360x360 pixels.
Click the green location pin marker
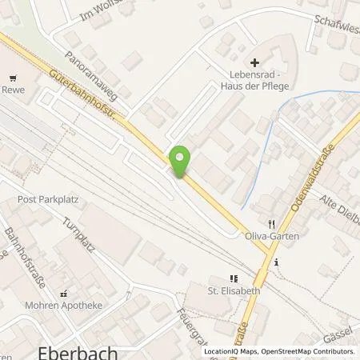tap(180, 162)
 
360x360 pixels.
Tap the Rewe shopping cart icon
tap(14, 78)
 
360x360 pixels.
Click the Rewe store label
tap(14, 90)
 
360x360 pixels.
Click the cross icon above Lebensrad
tap(255, 62)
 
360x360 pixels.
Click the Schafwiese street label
tap(336, 22)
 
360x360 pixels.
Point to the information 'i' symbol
tap(274, 262)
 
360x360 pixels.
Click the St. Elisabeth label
tap(234, 291)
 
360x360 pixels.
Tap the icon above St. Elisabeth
tap(233, 278)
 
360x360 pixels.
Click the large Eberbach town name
tap(78, 350)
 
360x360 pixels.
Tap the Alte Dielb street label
tap(340, 206)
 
